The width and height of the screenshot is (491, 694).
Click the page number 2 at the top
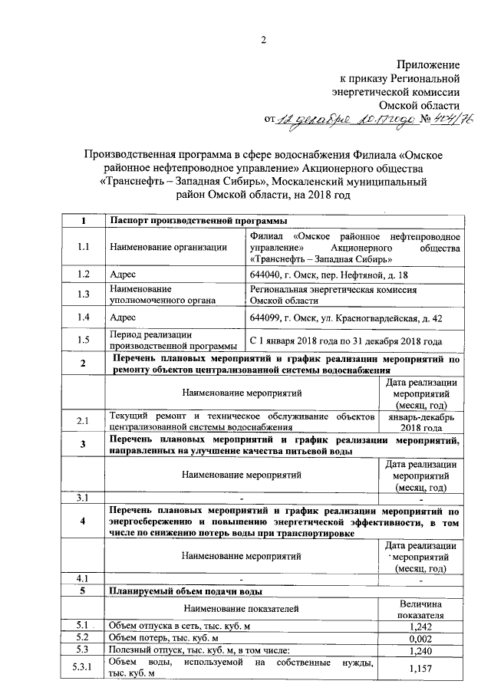pos(263,40)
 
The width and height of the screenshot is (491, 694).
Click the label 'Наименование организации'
pos(169,247)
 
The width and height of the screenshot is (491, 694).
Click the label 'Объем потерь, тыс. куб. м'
pos(164,637)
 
